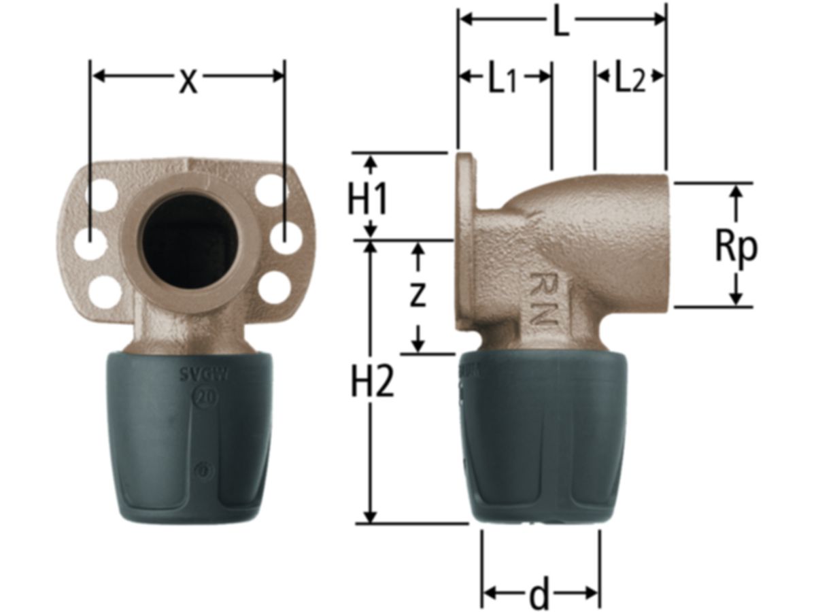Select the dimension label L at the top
[560, 23]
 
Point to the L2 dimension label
[629, 80]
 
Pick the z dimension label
[418, 294]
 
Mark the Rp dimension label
[736, 247]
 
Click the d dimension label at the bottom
[539, 596]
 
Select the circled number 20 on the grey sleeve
[205, 397]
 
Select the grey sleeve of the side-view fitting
[537, 435]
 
